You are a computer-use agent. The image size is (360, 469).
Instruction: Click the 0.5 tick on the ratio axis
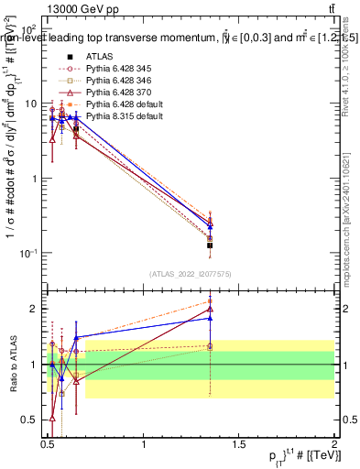coord(34,420)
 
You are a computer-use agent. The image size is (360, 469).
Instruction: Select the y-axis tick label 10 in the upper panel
coord(31,104)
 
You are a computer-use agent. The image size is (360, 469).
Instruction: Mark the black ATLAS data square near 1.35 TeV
coord(211,245)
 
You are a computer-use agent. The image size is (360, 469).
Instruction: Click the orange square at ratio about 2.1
coord(211,300)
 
